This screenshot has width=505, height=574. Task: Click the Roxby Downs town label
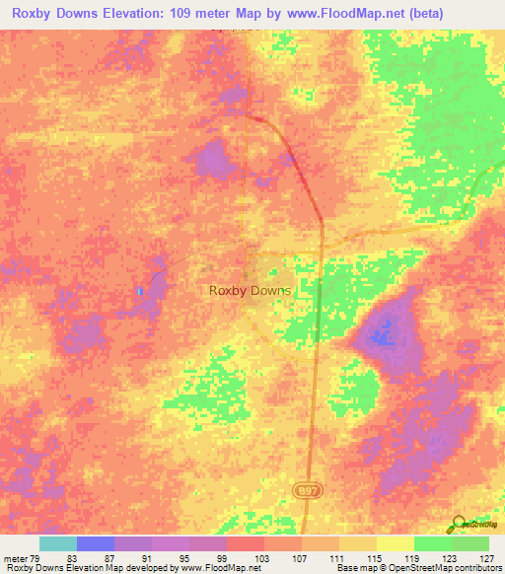pyautogui.click(x=250, y=291)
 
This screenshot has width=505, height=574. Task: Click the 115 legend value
pyautogui.click(x=345, y=558)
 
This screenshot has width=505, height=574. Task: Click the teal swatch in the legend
pyautogui.click(x=58, y=543)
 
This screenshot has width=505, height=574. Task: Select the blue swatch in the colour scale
pyautogui.click(x=96, y=543)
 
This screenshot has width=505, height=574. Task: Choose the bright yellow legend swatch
pyautogui.click(x=395, y=543)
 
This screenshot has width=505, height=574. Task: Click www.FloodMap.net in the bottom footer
pyautogui.click(x=214, y=568)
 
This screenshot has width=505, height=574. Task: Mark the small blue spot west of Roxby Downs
pyautogui.click(x=140, y=292)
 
